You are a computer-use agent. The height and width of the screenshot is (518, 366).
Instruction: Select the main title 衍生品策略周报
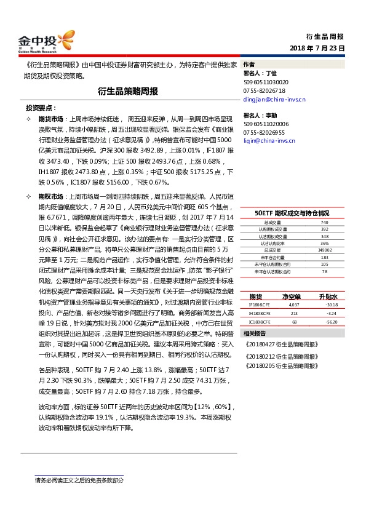point(128,91)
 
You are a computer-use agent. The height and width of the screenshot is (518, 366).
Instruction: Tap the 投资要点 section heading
point(42,106)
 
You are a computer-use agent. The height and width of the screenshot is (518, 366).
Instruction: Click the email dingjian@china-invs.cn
point(274,98)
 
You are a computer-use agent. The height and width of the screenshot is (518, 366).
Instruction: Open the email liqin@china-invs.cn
point(269,140)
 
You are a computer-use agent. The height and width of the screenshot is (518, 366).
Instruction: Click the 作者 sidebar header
point(249,64)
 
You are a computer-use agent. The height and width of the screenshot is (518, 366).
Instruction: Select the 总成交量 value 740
point(324,222)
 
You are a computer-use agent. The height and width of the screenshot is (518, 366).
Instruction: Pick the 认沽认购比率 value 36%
point(324,243)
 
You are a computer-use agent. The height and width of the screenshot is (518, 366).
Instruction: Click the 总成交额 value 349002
point(324,250)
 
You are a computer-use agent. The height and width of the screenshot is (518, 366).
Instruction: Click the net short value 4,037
point(293,287)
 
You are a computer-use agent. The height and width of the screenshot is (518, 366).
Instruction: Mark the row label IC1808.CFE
point(259,304)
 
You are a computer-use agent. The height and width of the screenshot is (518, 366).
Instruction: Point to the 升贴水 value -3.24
point(332,296)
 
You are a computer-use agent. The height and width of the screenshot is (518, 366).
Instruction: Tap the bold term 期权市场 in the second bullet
point(50,194)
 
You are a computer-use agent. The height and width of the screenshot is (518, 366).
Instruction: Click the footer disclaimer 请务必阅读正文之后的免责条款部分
point(79,480)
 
